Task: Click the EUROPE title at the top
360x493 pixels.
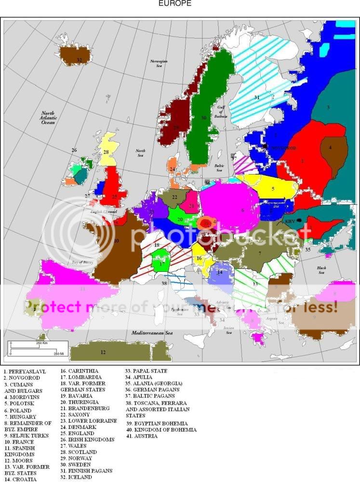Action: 174,3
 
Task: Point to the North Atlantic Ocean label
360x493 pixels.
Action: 49,118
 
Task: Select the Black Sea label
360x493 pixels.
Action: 321,270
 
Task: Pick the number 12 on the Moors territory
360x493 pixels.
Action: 103,352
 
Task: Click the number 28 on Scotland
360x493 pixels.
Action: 106,152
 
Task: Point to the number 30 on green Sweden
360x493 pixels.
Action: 203,117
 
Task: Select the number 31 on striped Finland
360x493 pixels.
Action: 257,97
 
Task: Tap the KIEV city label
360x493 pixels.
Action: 290,221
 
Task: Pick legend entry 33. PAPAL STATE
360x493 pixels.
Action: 147,371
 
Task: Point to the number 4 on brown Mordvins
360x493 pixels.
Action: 330,147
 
